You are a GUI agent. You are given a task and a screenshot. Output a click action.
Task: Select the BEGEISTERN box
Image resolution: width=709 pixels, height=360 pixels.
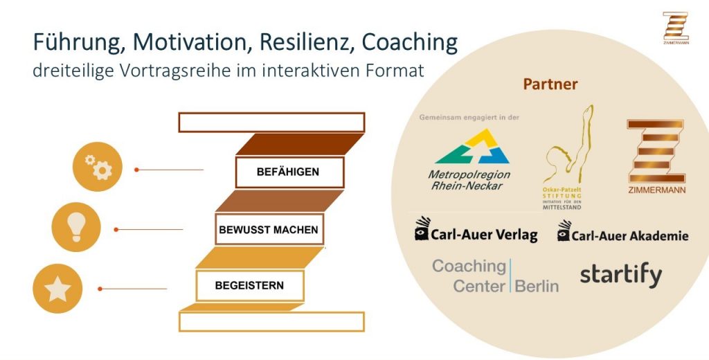click(249, 285)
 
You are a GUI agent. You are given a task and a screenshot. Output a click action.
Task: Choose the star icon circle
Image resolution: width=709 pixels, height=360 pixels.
click(57, 289)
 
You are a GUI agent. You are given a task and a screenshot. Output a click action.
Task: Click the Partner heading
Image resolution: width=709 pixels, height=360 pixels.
click(550, 84)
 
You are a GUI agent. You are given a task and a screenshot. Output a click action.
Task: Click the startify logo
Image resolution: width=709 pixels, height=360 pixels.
click(620, 275)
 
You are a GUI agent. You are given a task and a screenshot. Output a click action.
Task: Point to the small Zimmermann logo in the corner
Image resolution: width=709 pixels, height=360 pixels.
click(676, 28)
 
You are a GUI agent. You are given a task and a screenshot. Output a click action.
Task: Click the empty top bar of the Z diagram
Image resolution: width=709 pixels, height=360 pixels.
click(271, 122)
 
